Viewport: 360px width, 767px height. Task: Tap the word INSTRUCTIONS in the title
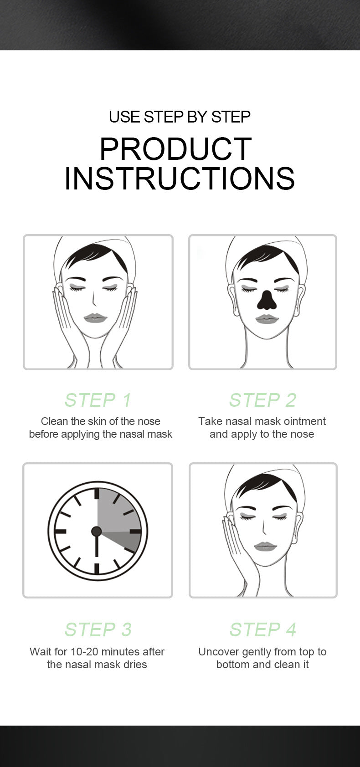tap(180, 179)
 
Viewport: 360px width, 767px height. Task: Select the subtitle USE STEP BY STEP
tap(180, 117)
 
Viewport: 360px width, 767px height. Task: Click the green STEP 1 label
tap(98, 400)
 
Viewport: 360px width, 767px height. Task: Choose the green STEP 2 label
tap(263, 400)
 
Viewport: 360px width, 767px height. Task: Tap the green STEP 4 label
tap(263, 629)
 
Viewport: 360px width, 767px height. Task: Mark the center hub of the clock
tap(96, 531)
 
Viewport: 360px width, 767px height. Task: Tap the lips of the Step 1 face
tap(96, 318)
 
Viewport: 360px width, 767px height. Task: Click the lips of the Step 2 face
tap(267, 319)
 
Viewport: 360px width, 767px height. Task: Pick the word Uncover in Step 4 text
tap(219, 652)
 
